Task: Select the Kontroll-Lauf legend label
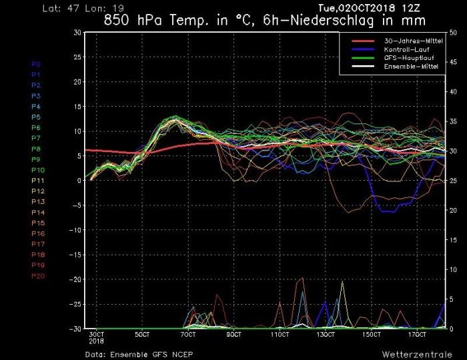(x=403, y=50)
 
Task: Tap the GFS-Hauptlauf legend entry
(x=404, y=59)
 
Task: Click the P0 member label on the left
(x=36, y=64)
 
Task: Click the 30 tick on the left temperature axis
(x=77, y=33)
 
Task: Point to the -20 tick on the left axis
(x=75, y=279)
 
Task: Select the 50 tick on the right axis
(x=454, y=33)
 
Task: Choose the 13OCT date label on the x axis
(x=325, y=334)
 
